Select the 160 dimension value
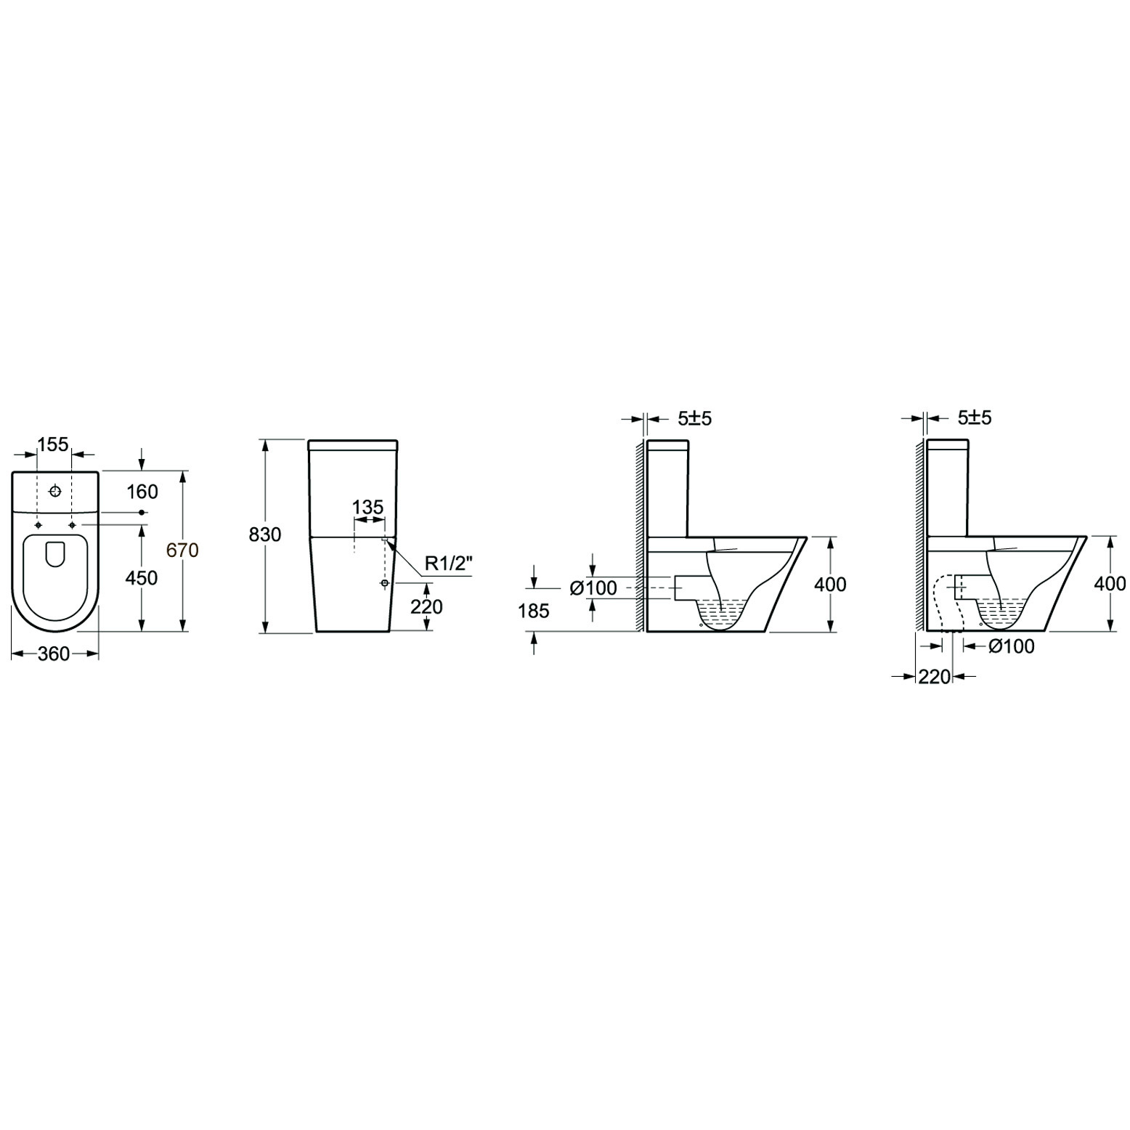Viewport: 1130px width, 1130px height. (x=142, y=492)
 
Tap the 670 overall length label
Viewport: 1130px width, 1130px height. (x=182, y=550)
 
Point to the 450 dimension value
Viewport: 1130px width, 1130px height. (x=142, y=578)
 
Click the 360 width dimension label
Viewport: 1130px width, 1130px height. (x=54, y=654)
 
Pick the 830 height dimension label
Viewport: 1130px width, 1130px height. (x=264, y=534)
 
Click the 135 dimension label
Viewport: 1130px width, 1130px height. (x=368, y=507)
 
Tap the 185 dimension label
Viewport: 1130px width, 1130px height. (x=534, y=611)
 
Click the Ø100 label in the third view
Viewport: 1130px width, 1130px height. (x=594, y=588)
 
